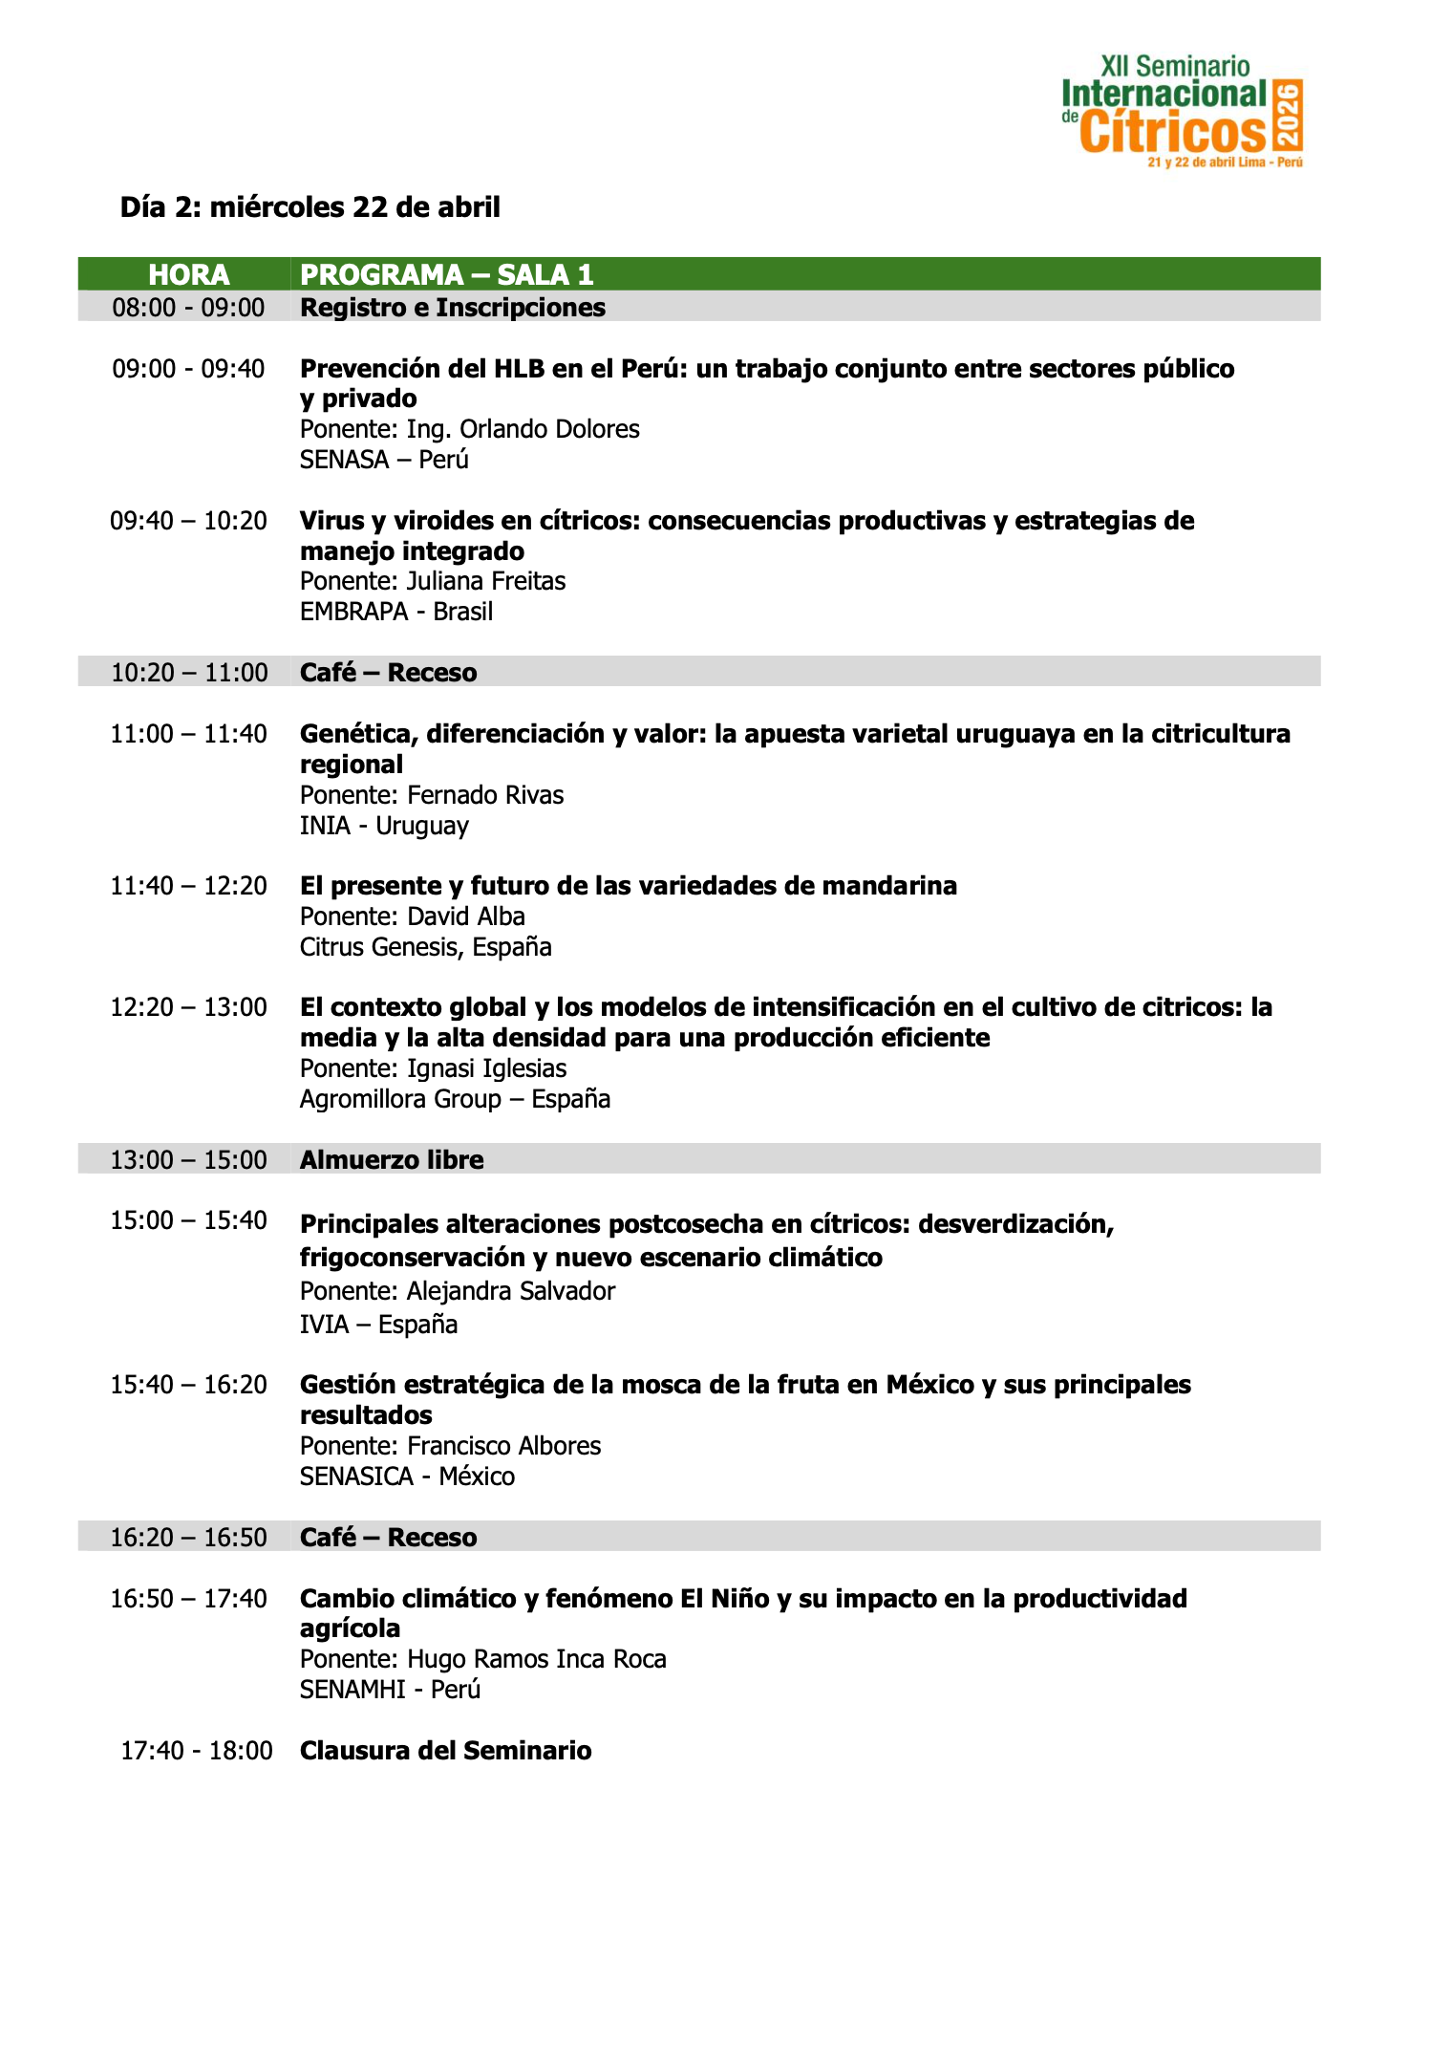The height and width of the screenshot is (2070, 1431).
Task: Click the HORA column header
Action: pos(188,275)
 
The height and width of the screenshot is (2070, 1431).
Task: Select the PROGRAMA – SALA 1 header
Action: pos(446,275)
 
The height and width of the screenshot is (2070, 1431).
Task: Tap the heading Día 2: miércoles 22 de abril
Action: pos(310,207)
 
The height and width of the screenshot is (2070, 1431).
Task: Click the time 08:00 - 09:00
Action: pos(188,308)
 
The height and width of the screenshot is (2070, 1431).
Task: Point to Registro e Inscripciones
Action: pos(452,308)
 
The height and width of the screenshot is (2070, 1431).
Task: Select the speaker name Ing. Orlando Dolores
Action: pos(469,429)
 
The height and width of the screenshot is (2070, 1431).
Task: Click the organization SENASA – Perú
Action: pos(384,460)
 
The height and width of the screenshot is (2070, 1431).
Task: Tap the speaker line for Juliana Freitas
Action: pos(432,581)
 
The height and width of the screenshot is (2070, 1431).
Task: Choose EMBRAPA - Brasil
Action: pos(395,612)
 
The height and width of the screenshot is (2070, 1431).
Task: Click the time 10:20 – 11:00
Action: pos(189,673)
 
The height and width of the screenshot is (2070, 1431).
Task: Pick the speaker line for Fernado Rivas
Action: pos(431,795)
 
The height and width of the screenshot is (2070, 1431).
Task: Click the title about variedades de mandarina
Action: pos(628,886)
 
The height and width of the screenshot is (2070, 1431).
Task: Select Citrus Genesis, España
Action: pos(425,947)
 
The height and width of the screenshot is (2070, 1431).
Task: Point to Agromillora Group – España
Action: pos(455,1099)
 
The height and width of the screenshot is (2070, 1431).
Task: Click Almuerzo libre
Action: pos(392,1160)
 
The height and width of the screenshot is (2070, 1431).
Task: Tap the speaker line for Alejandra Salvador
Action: pos(457,1291)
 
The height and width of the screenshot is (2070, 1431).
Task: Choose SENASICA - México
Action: pos(407,1477)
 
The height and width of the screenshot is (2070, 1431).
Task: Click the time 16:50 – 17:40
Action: pos(188,1599)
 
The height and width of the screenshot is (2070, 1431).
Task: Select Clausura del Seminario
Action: pos(445,1751)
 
